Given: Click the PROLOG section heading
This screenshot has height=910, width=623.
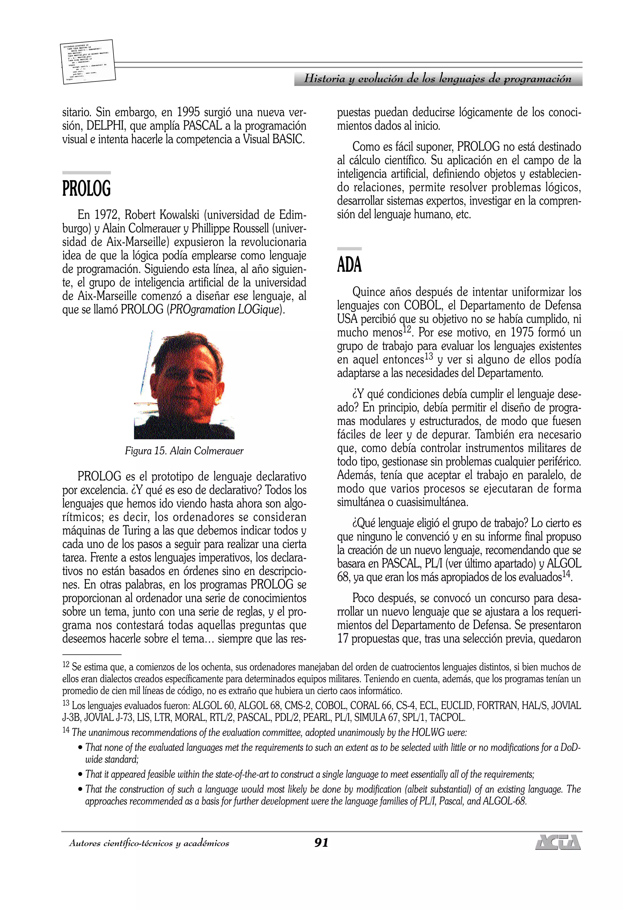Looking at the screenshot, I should [87, 189].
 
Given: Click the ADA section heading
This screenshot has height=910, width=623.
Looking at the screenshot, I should [349, 265].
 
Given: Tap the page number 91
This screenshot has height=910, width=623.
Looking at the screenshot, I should [321, 843].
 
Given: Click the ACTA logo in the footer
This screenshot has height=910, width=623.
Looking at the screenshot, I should [558, 842].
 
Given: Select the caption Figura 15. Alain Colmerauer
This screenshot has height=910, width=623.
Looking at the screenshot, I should [184, 451].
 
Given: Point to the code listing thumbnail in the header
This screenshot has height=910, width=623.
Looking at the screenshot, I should [88, 62].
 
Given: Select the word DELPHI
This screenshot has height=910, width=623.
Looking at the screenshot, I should [105, 126].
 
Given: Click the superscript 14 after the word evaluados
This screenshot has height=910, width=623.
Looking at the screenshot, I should [566, 574].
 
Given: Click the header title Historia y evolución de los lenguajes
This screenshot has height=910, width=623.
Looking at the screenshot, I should [438, 79].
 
